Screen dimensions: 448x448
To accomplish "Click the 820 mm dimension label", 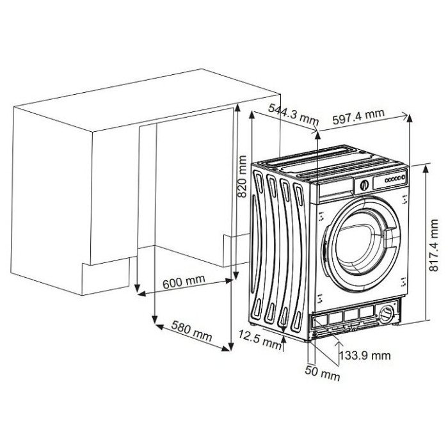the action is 243,176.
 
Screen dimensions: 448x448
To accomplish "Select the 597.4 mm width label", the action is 358,116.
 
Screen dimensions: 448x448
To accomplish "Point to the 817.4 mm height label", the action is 434,245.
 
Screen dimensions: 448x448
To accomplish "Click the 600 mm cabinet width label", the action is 184,282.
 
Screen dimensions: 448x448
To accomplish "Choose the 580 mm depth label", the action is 192,331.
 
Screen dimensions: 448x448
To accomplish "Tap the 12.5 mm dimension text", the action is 260,339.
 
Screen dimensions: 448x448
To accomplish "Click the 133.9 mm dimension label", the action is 365,356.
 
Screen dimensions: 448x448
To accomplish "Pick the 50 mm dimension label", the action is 323,373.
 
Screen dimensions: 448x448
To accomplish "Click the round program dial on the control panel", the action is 364,185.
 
